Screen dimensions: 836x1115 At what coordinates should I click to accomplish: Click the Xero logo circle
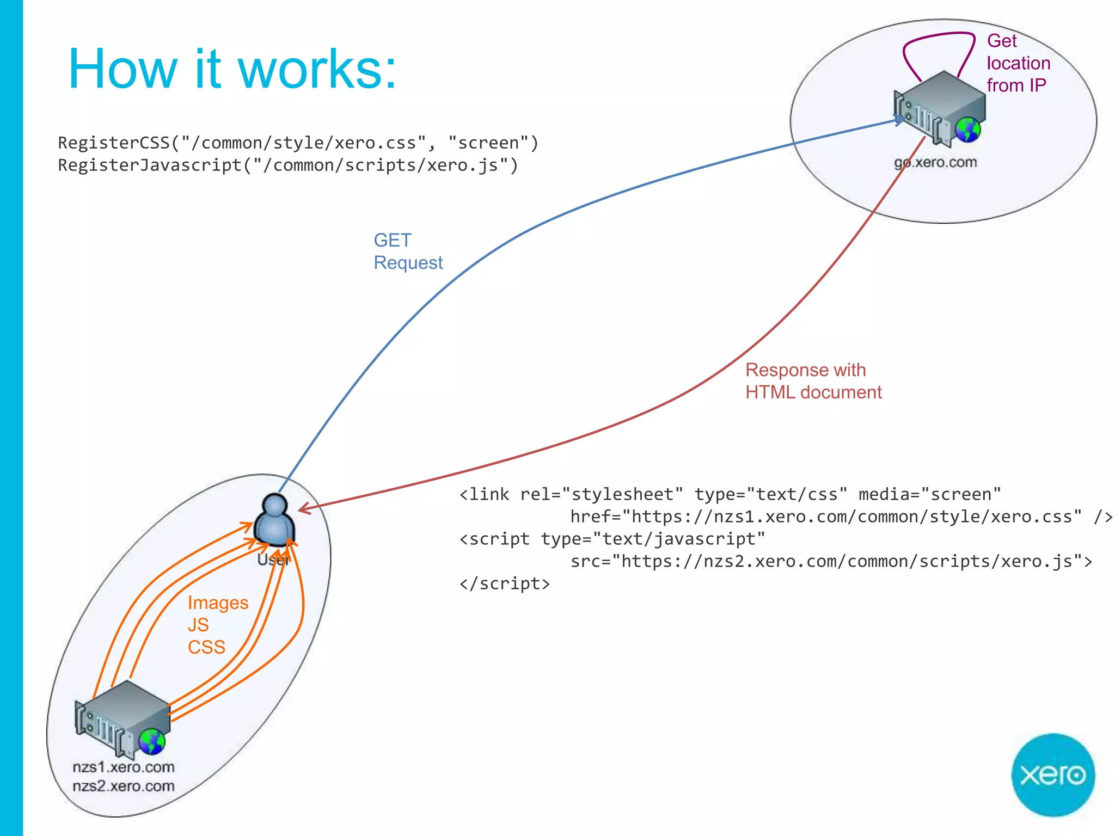(x=1052, y=774)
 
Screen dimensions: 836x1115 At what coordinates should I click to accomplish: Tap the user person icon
(x=275, y=520)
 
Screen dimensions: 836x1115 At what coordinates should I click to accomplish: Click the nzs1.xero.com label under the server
(x=124, y=767)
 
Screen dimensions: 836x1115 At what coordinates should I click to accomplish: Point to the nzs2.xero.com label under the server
(x=124, y=786)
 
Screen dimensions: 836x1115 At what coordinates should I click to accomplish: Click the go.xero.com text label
(x=935, y=162)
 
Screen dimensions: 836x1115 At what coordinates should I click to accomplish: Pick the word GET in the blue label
(x=393, y=240)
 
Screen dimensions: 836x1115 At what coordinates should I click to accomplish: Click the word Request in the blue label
(x=408, y=263)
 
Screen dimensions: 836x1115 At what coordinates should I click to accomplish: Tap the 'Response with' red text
(x=805, y=370)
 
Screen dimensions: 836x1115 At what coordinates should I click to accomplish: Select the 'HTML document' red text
(x=813, y=392)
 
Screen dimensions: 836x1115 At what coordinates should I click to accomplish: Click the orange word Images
(x=218, y=603)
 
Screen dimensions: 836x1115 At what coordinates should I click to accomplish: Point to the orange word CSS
(x=206, y=647)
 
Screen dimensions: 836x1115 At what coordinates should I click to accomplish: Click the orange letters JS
(x=198, y=625)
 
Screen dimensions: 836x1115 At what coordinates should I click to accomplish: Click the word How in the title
(x=123, y=69)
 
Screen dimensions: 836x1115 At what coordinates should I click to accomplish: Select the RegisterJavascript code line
(x=288, y=165)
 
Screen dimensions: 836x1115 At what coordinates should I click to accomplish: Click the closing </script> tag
(x=505, y=583)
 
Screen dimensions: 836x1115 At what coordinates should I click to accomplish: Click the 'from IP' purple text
(x=1016, y=85)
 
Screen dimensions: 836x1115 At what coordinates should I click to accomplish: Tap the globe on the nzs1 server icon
(x=152, y=741)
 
